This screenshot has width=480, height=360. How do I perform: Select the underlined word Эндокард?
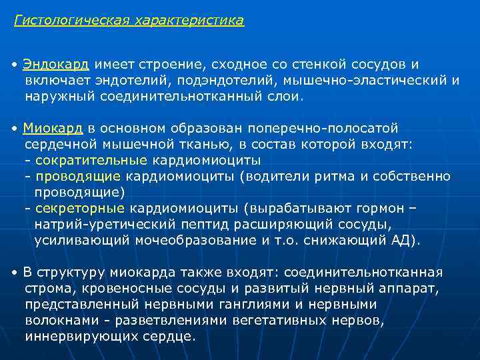tap(56, 65)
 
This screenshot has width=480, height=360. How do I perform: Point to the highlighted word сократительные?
tap(91, 160)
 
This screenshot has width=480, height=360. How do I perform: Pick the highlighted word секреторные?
tap(82, 209)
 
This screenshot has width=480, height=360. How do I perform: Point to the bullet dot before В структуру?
tap(15, 273)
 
